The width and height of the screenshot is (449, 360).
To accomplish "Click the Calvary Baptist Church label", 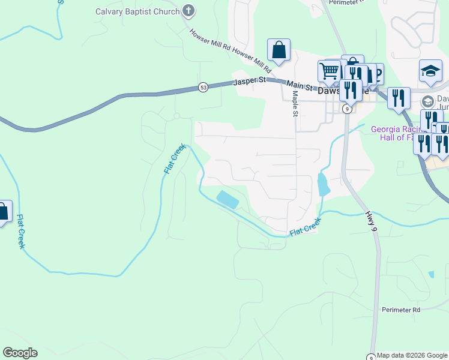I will click(137, 11).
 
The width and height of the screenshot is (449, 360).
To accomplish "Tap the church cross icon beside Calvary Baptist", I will click(188, 11).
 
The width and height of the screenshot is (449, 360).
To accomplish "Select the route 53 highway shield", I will click(203, 88).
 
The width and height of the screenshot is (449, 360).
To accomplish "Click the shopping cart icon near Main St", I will click(329, 70).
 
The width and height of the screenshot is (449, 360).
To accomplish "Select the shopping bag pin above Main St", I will click(279, 50).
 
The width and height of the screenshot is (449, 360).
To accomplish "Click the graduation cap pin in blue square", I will click(430, 71).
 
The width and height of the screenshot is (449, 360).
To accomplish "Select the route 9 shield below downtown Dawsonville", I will click(347, 109).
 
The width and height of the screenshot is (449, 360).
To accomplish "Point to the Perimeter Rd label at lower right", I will click(401, 310).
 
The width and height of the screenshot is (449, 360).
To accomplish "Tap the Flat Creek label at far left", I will click(20, 232).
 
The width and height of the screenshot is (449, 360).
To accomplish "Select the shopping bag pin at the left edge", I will click(3, 211).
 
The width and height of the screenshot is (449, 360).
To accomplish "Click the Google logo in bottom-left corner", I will click(20, 353).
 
